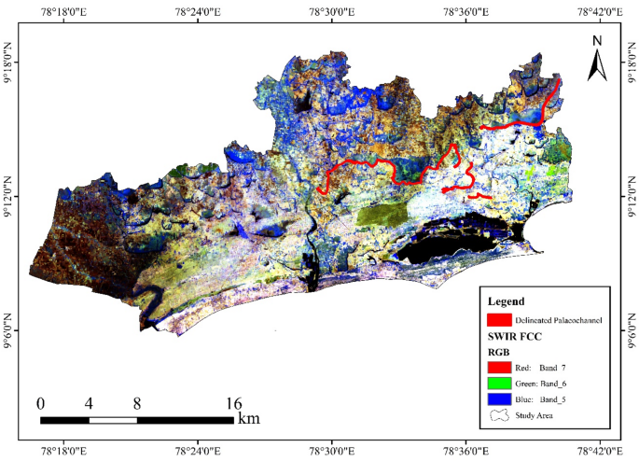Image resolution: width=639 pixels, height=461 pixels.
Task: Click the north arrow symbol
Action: coord(597,65)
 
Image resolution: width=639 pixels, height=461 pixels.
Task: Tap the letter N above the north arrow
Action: coord(597,40)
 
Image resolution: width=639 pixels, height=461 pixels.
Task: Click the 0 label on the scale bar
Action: coord(40,404)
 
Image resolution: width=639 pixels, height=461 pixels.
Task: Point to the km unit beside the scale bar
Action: coord(248,418)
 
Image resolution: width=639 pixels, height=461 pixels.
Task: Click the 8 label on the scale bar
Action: coord(137,404)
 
